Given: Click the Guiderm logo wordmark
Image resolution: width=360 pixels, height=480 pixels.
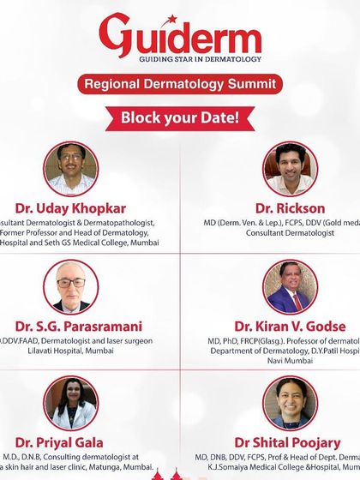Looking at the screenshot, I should click(180, 39).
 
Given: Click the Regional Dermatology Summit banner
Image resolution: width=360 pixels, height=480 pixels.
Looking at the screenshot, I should click(180, 84).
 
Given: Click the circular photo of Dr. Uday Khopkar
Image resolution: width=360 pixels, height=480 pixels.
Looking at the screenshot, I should click(70, 168).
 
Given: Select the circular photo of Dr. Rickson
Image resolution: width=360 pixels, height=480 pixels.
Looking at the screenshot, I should click(291, 168).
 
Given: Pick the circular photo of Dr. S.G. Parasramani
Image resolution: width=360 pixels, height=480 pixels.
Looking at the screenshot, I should click(70, 286).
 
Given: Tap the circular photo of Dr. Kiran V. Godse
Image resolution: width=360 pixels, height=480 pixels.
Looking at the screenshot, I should click(291, 286).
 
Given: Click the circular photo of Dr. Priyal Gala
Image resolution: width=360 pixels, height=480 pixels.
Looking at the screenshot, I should click(70, 403).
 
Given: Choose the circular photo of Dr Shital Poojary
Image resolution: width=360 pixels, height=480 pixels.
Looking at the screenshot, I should click(291, 403).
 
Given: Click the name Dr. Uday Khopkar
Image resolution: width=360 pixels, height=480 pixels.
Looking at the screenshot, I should click(69, 208).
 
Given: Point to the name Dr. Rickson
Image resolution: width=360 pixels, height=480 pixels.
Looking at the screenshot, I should click(290, 208).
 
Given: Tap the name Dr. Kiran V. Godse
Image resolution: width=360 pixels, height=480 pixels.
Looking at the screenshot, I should click(290, 326).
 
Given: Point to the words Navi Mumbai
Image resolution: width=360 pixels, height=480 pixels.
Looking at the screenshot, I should click(290, 363).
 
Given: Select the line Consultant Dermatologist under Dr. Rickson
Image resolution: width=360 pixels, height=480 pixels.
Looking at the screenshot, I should click(290, 233).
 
